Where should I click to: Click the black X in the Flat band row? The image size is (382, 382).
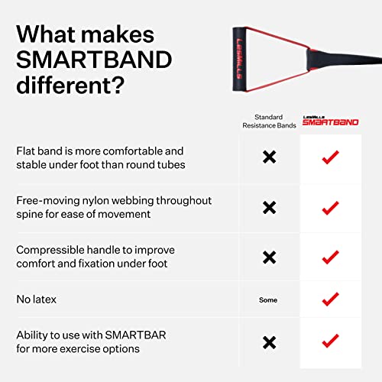(x=269, y=157)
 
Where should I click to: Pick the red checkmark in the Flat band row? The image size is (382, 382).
(x=330, y=157)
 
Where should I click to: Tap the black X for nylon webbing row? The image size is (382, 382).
(x=269, y=207)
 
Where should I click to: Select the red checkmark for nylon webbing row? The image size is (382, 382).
(x=330, y=207)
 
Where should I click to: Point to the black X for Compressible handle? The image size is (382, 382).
(x=269, y=257)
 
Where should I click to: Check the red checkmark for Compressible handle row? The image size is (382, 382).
(x=330, y=257)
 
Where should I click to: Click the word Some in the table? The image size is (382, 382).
(x=269, y=299)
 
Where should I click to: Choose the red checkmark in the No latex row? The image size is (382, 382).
(x=330, y=299)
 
